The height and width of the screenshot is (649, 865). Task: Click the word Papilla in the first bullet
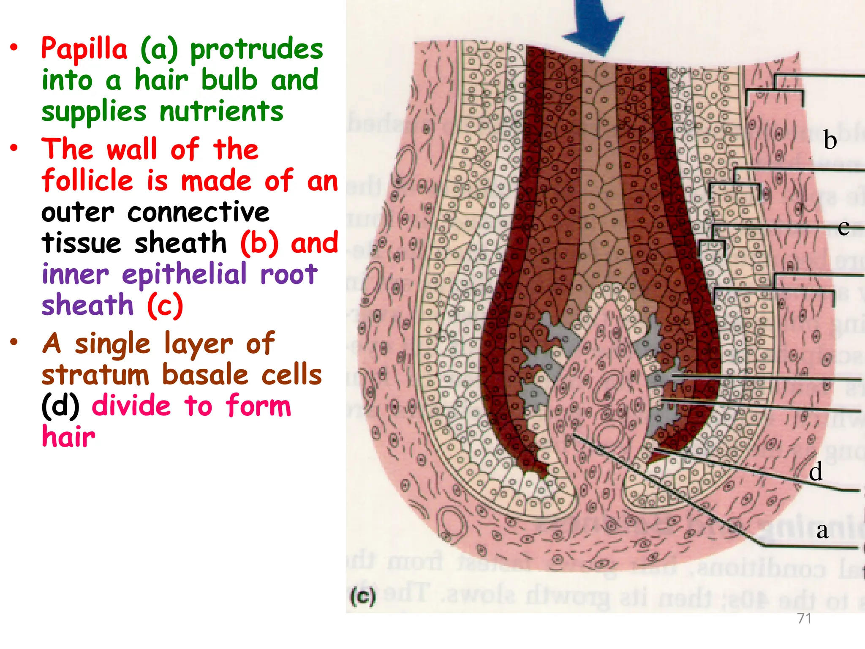[x=84, y=49]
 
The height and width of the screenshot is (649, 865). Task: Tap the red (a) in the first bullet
[x=159, y=49]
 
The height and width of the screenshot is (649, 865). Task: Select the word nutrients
[x=221, y=112]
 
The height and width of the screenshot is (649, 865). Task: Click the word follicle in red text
[x=87, y=181]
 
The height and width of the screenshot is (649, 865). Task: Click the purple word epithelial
[x=184, y=274]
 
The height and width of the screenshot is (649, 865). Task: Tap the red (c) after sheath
[x=165, y=305]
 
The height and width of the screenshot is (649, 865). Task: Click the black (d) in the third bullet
[x=60, y=406]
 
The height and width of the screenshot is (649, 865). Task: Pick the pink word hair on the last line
[x=68, y=437]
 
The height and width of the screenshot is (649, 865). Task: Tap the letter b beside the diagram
[x=830, y=140]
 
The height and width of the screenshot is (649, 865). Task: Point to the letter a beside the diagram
[x=822, y=530]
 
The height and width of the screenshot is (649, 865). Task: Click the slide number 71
[x=804, y=619]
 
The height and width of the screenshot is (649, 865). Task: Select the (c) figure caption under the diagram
[x=363, y=597]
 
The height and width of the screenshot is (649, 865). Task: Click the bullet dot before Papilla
[x=14, y=48]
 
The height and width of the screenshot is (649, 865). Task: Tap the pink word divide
[x=131, y=406]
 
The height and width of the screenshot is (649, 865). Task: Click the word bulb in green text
[x=229, y=80]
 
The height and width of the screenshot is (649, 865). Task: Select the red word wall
[x=132, y=150]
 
